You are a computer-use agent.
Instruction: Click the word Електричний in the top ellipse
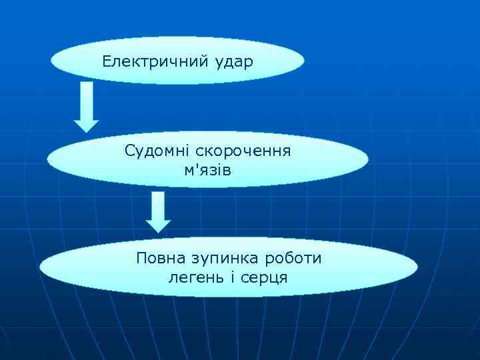[x=156, y=62]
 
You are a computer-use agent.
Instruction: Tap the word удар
[x=234, y=63]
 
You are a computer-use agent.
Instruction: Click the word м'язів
[x=208, y=170]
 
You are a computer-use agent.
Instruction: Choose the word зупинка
[x=223, y=258]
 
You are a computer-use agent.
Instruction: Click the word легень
[x=192, y=277]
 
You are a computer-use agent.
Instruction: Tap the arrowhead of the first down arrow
[x=86, y=124]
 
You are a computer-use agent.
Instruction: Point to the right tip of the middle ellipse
[x=367, y=159]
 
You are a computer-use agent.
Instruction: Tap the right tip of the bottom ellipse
[x=417, y=267]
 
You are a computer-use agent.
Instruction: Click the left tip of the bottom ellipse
[x=41, y=267]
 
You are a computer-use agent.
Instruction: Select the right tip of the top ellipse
[x=304, y=61]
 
